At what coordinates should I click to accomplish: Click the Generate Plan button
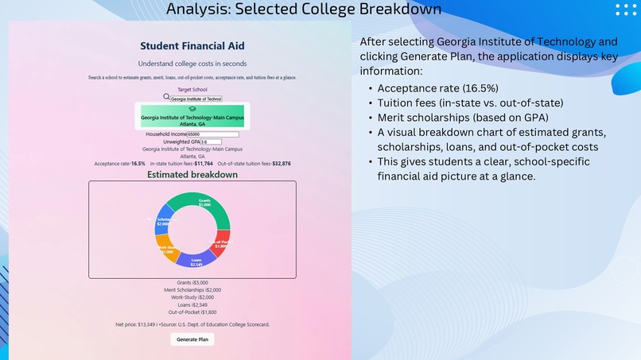(x=192, y=339)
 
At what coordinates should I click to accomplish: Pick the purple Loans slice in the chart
(x=193, y=259)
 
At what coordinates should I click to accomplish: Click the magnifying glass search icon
(x=166, y=97)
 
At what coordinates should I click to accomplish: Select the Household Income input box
(x=212, y=134)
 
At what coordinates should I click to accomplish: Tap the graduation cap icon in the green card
(x=192, y=109)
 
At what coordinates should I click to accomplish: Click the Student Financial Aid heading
(x=192, y=46)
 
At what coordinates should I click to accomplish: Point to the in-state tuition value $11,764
(x=204, y=164)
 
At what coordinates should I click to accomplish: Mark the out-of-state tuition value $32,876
(x=282, y=164)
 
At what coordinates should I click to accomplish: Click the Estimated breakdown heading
(x=192, y=175)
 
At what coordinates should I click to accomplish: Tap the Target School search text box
(x=196, y=99)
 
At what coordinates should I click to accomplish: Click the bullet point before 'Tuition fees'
(x=370, y=103)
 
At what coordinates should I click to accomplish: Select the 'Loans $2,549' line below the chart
(x=192, y=304)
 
